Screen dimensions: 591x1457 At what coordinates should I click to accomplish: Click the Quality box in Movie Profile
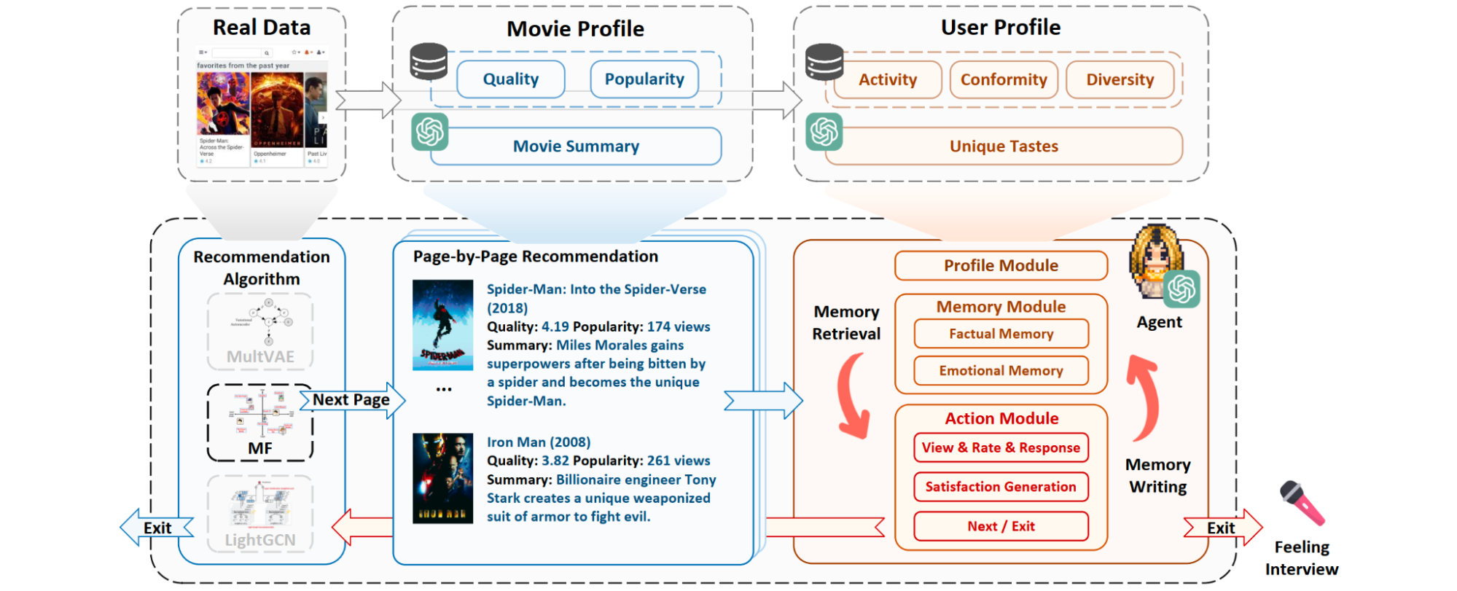[510, 79]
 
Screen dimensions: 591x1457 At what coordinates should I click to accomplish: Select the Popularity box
[644, 79]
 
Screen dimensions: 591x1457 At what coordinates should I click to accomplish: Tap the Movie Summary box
[576, 146]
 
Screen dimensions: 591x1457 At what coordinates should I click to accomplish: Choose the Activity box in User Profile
[887, 79]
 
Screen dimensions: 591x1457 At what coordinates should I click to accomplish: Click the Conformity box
[1003, 79]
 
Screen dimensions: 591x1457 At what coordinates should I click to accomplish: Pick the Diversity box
[1120, 79]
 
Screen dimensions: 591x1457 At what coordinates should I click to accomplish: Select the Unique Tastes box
[1003, 146]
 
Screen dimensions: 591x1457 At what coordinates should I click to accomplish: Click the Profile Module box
[1001, 265]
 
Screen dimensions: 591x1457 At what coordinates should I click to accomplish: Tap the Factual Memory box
[1001, 334]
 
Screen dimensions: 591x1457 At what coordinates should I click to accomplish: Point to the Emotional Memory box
[1001, 370]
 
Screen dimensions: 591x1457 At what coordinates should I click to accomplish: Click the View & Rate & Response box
[1001, 447]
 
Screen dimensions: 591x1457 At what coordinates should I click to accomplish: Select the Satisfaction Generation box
[1001, 487]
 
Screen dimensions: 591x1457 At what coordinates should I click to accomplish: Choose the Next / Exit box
[1001, 526]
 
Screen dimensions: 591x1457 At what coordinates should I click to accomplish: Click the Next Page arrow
[352, 400]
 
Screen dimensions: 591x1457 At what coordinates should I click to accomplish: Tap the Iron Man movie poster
[442, 478]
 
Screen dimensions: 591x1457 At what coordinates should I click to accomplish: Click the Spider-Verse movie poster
[442, 324]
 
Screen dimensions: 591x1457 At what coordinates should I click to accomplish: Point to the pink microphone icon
[1302, 503]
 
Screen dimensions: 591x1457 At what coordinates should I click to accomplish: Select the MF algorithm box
[260, 423]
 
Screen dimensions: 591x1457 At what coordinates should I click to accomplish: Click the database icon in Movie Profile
[429, 61]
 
